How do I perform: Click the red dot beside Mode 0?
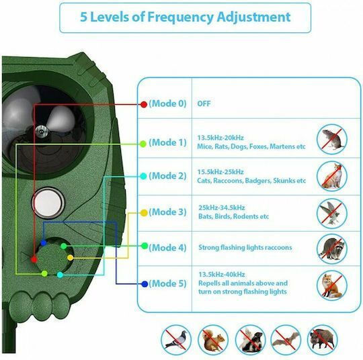click(144, 104)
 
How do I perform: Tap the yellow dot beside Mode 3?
click(144, 213)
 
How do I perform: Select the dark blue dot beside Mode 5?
click(145, 284)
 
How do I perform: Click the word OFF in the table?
click(204, 103)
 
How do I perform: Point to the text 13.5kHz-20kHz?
click(220, 138)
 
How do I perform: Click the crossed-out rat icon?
click(332, 139)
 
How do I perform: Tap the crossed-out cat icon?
click(332, 176)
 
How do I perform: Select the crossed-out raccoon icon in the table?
click(332, 249)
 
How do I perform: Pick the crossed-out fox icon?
click(332, 285)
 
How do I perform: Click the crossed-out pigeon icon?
click(176, 340)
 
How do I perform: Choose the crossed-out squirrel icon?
click(213, 340)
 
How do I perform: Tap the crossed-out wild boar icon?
click(322, 340)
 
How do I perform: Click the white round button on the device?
click(48, 203)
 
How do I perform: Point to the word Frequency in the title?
click(180, 17)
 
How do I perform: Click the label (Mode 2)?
click(167, 176)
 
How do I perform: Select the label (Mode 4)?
click(167, 248)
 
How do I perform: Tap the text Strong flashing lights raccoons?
click(245, 248)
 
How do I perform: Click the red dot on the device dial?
click(34, 259)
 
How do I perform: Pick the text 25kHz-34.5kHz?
click(222, 208)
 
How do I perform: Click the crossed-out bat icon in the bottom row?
click(286, 340)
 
